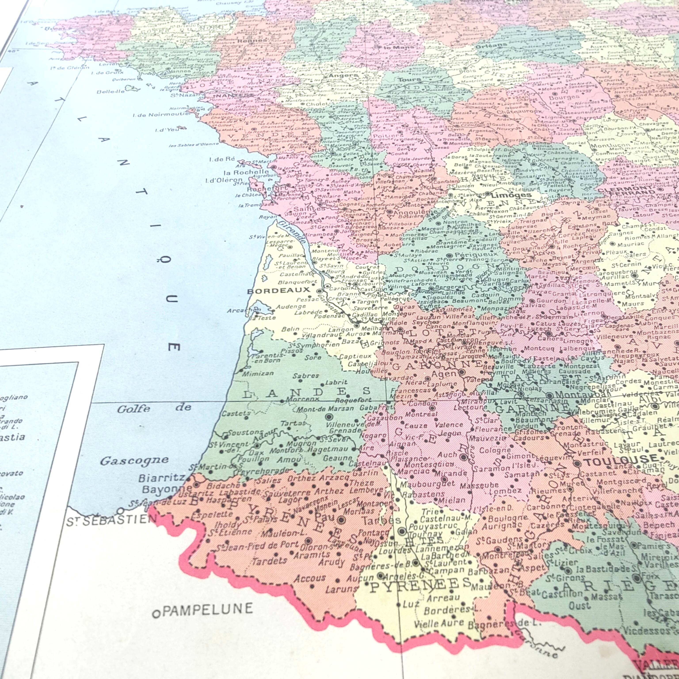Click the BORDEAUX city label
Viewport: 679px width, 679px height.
[x=279, y=290]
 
